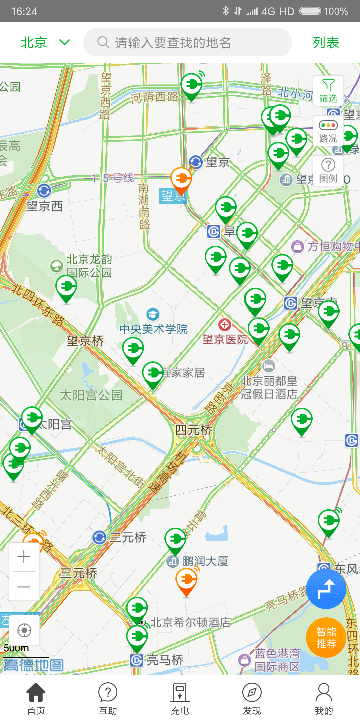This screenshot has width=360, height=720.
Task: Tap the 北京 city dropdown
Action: click(45, 43)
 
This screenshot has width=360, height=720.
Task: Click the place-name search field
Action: click(187, 43)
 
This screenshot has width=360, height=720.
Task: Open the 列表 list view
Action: click(326, 43)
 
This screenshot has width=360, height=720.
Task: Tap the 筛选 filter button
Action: click(328, 91)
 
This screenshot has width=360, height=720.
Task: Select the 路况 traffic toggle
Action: click(328, 131)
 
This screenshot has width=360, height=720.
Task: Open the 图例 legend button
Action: click(328, 170)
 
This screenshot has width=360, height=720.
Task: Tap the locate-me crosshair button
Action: click(24, 630)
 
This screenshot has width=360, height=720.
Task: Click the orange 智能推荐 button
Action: click(326, 637)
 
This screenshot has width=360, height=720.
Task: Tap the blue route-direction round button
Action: click(326, 589)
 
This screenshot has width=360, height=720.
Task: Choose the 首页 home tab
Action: click(36, 698)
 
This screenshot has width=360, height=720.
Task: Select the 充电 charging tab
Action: click(180, 698)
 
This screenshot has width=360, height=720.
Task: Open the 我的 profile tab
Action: click(324, 698)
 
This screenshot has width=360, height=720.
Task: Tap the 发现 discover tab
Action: click(252, 698)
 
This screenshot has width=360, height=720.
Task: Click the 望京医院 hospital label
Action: click(225, 339)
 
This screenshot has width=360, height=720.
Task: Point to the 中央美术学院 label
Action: click(153, 329)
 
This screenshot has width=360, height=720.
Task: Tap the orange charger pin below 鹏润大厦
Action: click(186, 581)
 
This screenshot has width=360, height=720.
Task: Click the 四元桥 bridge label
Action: click(194, 430)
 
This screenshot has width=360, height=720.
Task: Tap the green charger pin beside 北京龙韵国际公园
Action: click(66, 288)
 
